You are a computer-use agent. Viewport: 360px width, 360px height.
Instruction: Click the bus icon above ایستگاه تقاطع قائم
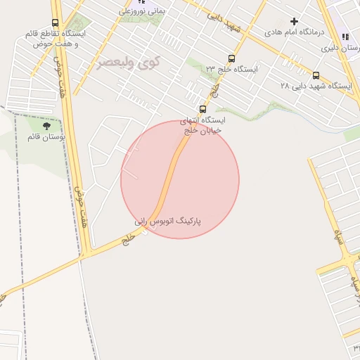pyautogui.click(x=56, y=23)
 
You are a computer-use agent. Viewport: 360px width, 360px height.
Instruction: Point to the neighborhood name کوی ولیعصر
pyautogui.click(x=129, y=62)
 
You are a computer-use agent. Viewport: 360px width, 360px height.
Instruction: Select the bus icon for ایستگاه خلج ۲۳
pyautogui.click(x=231, y=59)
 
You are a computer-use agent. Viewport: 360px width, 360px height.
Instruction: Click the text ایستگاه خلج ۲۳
pyautogui.click(x=231, y=69)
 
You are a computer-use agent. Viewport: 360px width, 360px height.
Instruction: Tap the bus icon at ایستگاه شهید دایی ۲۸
pyautogui.click(x=316, y=75)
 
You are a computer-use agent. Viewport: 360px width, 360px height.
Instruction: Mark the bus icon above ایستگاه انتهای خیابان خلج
pyautogui.click(x=203, y=109)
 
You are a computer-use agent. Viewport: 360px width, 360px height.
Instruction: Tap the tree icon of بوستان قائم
pyautogui.click(x=46, y=127)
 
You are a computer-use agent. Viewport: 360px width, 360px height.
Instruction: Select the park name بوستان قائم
pyautogui.click(x=46, y=137)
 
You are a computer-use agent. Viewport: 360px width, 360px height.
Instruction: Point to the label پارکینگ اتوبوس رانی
pyautogui.click(x=168, y=221)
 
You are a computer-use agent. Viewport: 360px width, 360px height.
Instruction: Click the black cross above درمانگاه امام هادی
pyautogui.click(x=294, y=22)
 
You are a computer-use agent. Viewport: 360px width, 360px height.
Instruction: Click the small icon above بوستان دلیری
pyautogui.click(x=344, y=37)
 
